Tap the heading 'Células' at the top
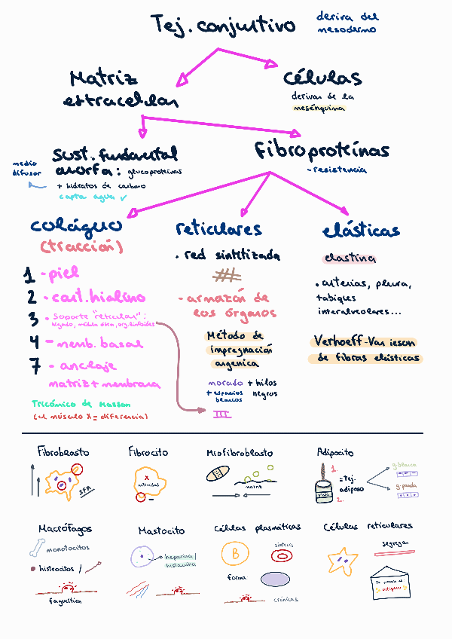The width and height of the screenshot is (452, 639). pos(322,78)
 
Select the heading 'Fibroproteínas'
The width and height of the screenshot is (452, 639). pos(322,151)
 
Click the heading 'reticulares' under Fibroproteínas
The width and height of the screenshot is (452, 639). pos(218,229)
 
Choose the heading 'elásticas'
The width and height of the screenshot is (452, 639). pos(361,230)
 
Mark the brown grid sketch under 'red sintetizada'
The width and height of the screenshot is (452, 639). pos(227,275)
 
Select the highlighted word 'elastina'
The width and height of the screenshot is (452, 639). pos(349,258)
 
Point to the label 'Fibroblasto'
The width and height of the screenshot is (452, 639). pos(63,452)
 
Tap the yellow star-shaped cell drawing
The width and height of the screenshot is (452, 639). pos(343,560)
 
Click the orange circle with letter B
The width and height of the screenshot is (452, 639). pos(235,554)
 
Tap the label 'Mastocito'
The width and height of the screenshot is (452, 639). pos(160,531)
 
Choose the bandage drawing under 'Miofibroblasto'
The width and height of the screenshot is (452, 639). pos(217,475)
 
